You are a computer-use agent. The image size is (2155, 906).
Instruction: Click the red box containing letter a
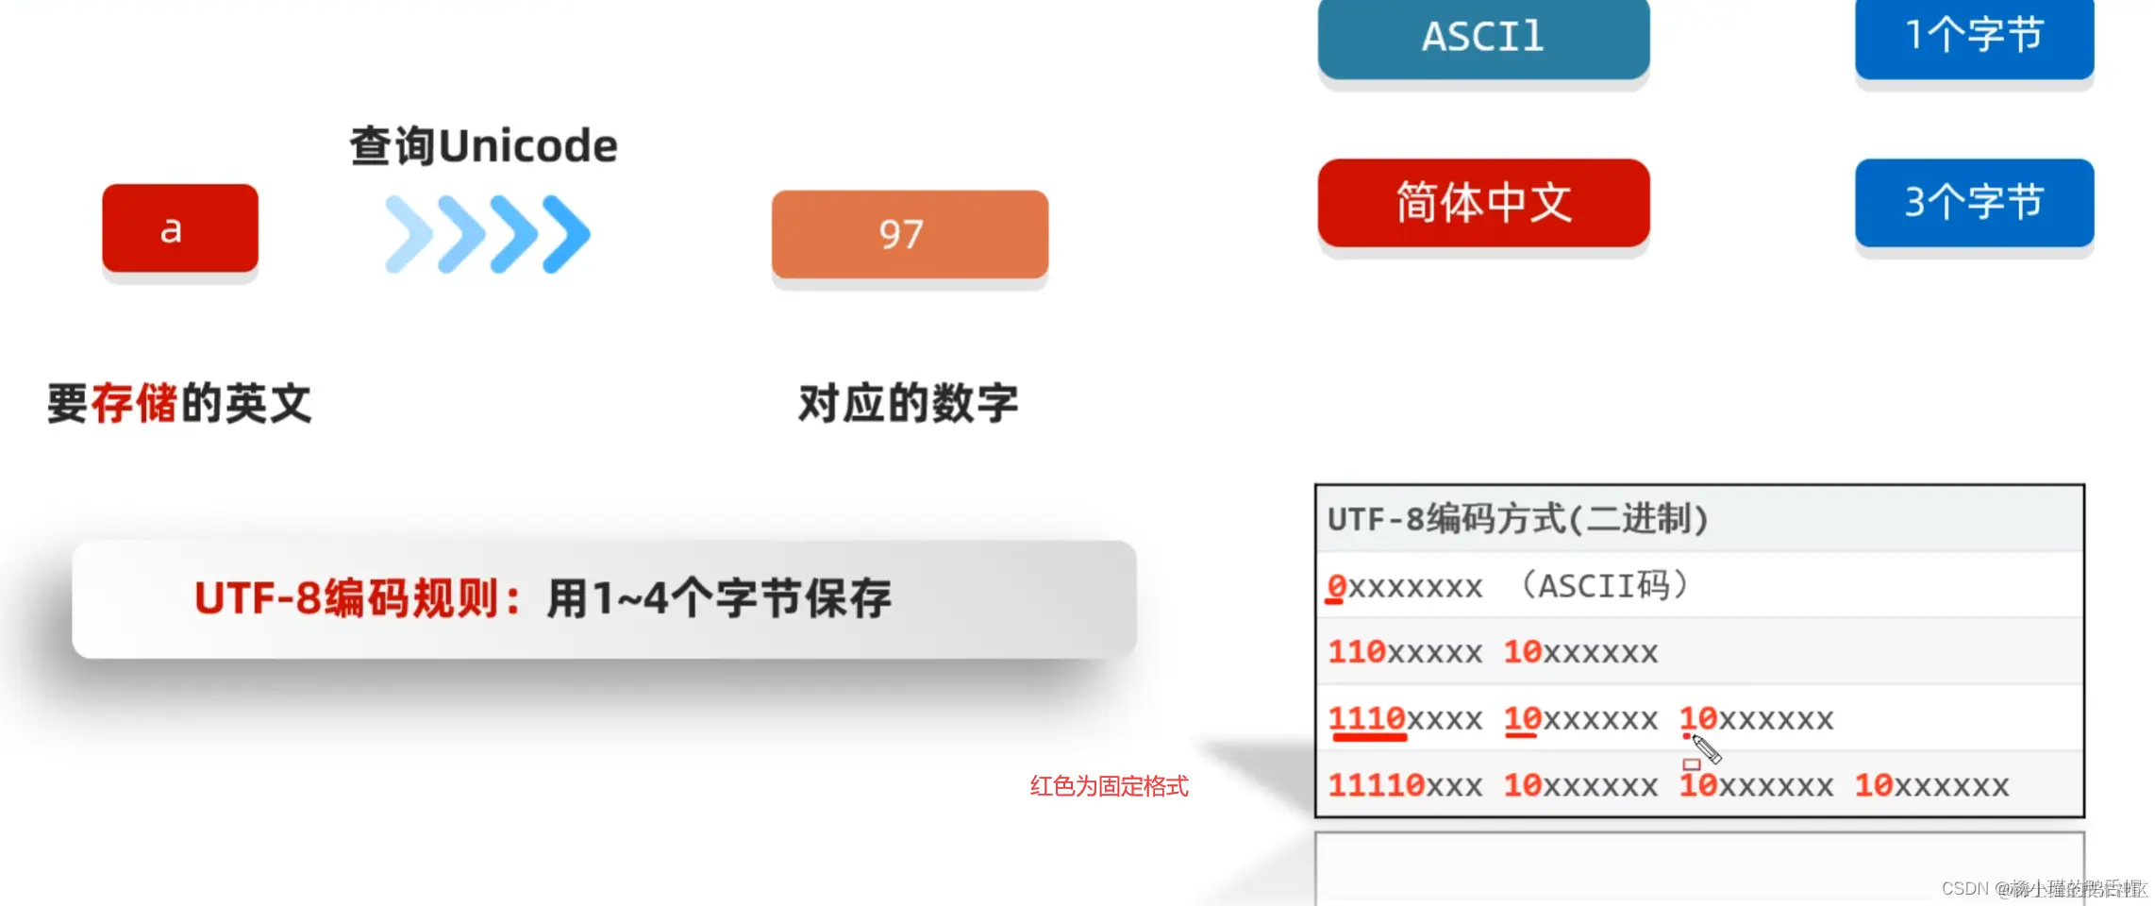pos(179,228)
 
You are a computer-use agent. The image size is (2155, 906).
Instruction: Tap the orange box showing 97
pos(910,234)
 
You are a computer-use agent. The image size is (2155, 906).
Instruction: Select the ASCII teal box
pos(1483,38)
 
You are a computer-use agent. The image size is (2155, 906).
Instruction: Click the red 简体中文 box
pos(1483,203)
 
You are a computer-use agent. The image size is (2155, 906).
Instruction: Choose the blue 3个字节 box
pos(1974,203)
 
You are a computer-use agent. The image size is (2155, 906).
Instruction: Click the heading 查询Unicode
pos(483,146)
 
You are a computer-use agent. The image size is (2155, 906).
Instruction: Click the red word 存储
pos(134,404)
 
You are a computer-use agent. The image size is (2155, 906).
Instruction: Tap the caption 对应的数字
pos(908,404)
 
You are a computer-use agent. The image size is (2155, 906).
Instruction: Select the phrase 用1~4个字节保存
pos(719,598)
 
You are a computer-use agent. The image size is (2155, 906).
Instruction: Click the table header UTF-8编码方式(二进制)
pos(1517,519)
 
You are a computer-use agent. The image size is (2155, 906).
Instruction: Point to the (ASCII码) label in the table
pos(1604,586)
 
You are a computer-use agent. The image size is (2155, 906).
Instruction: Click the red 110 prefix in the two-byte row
pos(1356,652)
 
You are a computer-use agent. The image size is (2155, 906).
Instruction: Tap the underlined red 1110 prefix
pos(1367,719)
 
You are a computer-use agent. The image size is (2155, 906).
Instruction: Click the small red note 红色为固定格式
pos(1109,786)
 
